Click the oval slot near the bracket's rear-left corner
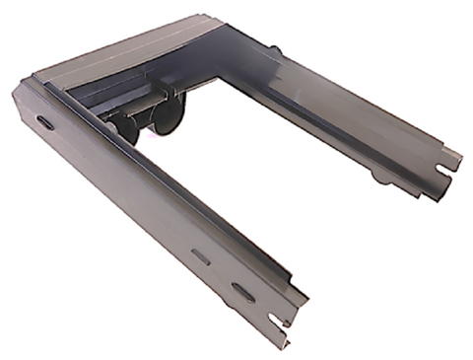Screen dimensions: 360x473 pos(45,122)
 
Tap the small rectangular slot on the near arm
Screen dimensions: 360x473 pos(200,256)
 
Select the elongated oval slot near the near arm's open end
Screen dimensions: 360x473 pos(242,292)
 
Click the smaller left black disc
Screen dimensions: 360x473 pos(126,128)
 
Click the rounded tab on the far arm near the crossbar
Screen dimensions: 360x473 pos(277,50)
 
